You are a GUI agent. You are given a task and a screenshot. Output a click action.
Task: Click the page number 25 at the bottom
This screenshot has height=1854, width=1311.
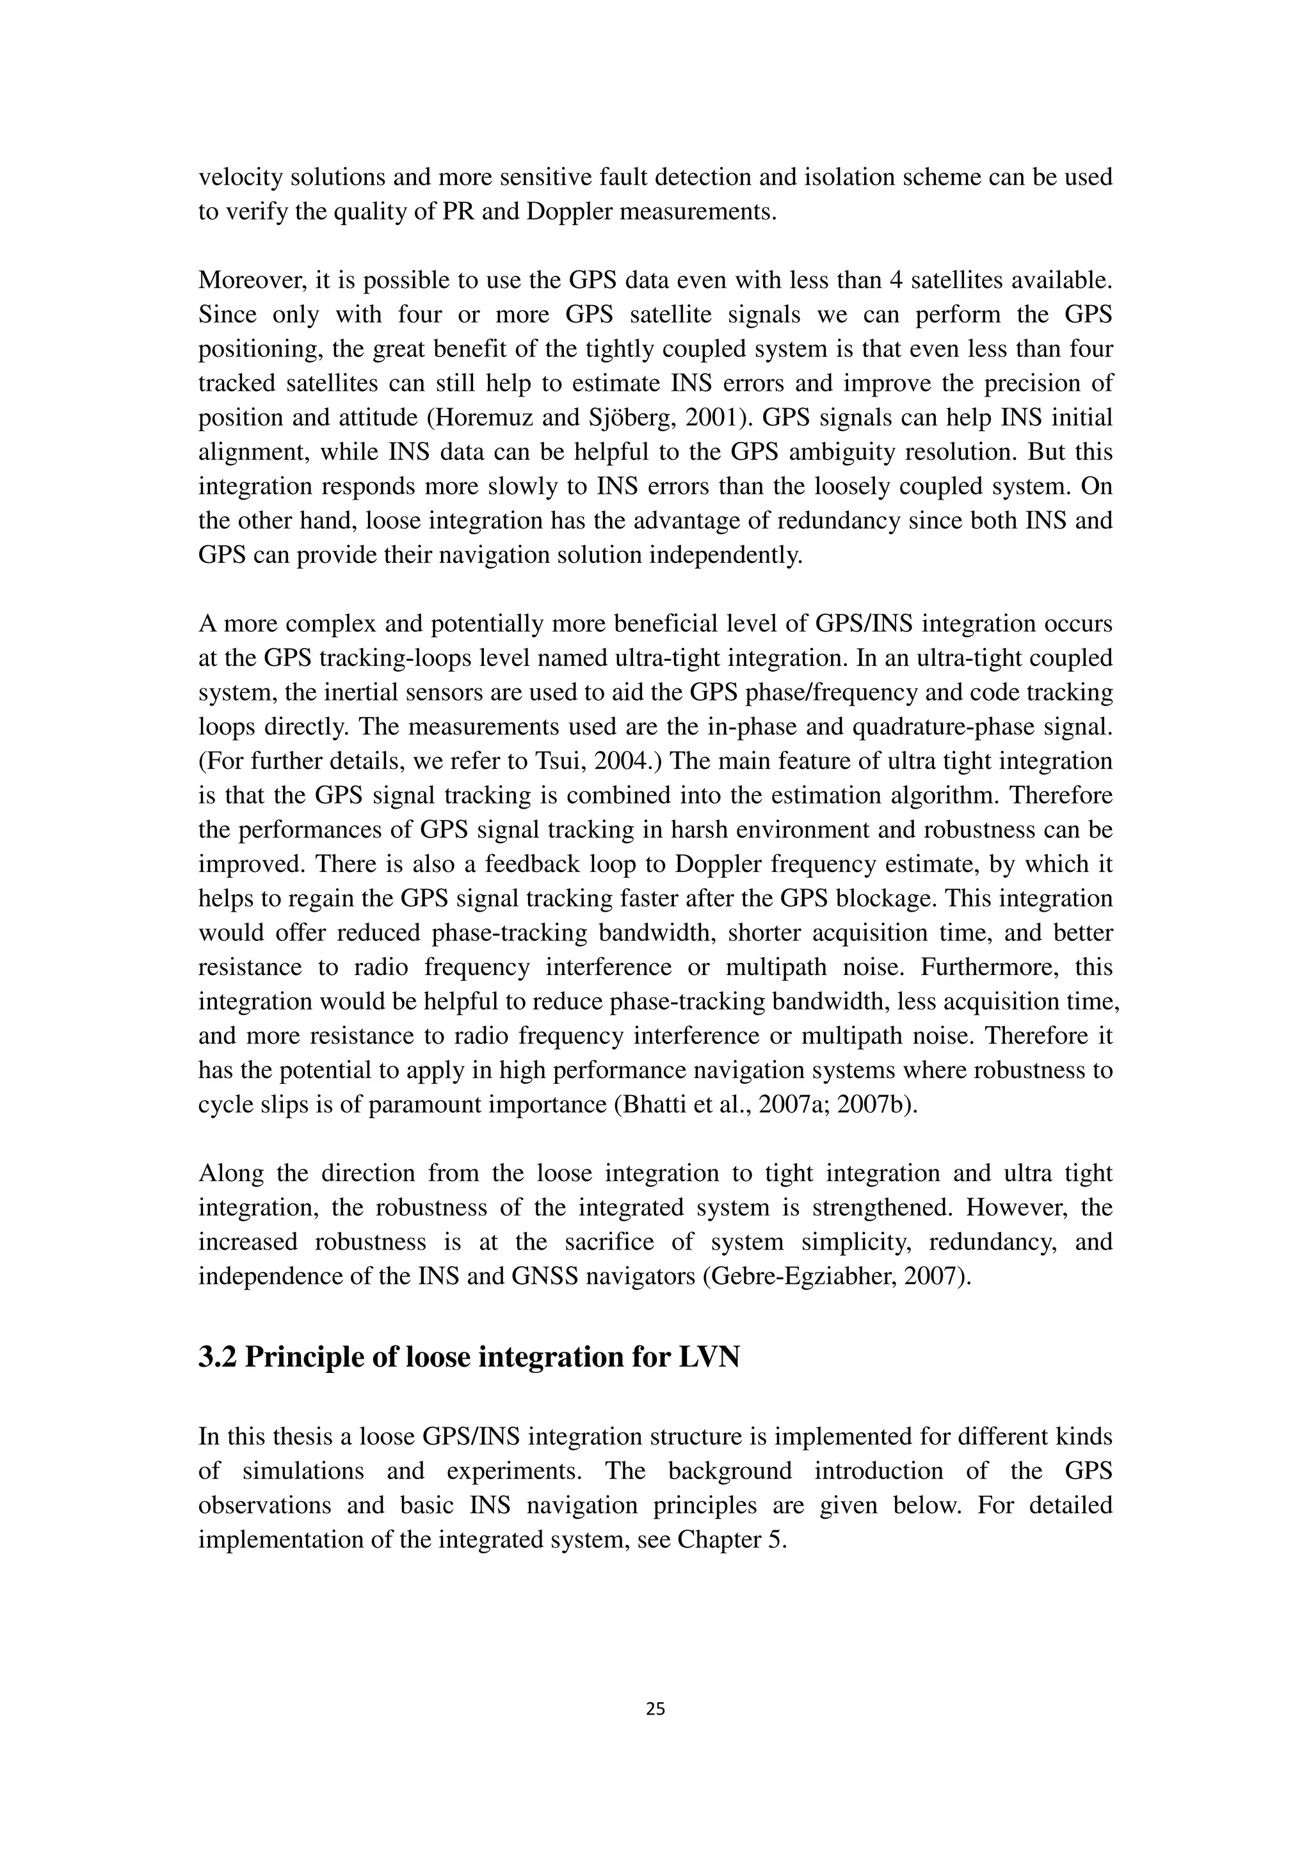click(x=655, y=1708)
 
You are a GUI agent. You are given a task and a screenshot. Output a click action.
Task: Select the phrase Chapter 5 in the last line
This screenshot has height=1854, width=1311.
click(x=731, y=1539)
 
